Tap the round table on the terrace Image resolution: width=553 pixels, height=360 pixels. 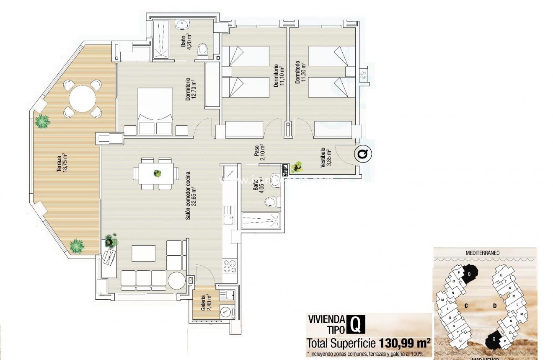pyautogui.click(x=82, y=99)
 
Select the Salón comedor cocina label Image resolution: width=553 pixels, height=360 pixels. pyautogui.click(x=191, y=196)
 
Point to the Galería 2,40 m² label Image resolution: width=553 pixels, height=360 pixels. pyautogui.click(x=205, y=301)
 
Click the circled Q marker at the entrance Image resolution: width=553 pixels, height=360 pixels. pyautogui.click(x=363, y=154)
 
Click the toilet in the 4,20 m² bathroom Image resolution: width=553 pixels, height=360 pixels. pyautogui.click(x=203, y=49)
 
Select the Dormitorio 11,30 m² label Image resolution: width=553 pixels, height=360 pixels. pyautogui.click(x=300, y=73)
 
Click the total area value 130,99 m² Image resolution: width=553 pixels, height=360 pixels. pyautogui.click(x=405, y=343)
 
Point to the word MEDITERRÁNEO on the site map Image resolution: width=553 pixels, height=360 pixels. pyautogui.click(x=485, y=253)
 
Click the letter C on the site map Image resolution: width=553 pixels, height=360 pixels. pyautogui.click(x=465, y=306)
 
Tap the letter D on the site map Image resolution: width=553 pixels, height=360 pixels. pyautogui.click(x=494, y=306)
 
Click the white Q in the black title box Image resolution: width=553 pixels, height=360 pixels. pyautogui.click(x=355, y=324)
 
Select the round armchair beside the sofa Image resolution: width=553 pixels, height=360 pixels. pyautogui.click(x=176, y=280)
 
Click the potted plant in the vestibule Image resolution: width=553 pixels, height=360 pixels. pyautogui.click(x=298, y=168)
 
